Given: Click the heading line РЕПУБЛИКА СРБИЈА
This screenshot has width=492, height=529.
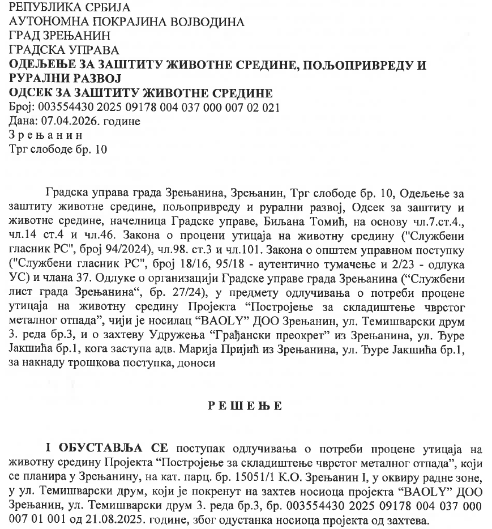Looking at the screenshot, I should (x=70, y=8).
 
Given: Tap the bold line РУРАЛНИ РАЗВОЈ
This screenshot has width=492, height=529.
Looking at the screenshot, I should (x=66, y=79).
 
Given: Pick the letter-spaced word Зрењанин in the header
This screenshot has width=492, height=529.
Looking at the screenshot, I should (x=46, y=135).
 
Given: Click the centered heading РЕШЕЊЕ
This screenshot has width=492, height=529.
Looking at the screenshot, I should (x=245, y=406).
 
